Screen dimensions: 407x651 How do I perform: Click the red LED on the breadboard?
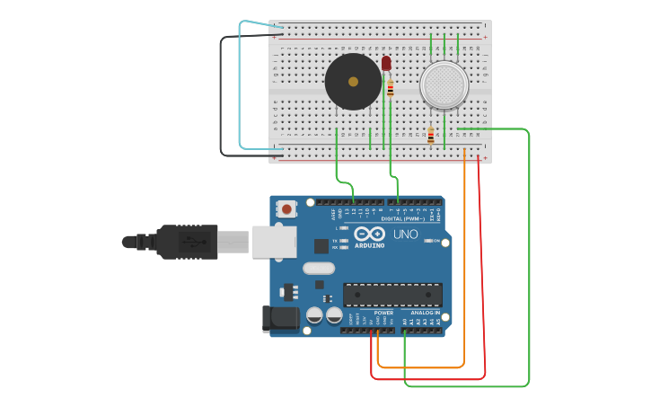tap(386, 63)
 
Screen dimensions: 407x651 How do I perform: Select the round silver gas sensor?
tap(444, 84)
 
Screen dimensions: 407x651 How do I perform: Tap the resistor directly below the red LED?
tap(390, 88)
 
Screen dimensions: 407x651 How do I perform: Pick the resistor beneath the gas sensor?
tap(431, 135)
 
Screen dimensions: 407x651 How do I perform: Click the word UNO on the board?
tap(406, 234)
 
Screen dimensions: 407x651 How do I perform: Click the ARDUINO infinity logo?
tap(368, 234)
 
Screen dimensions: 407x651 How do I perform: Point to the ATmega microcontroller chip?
tap(392, 295)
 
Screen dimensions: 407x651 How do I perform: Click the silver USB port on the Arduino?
tap(268, 242)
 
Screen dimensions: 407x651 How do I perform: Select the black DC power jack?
tap(278, 319)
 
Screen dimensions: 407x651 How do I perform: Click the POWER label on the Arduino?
tap(371, 313)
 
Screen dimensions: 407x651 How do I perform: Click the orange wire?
tap(464, 270)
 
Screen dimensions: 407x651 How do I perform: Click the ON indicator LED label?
tap(436, 241)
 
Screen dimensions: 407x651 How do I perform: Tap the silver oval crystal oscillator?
tap(319, 268)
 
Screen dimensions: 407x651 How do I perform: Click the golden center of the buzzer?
tap(353, 82)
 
